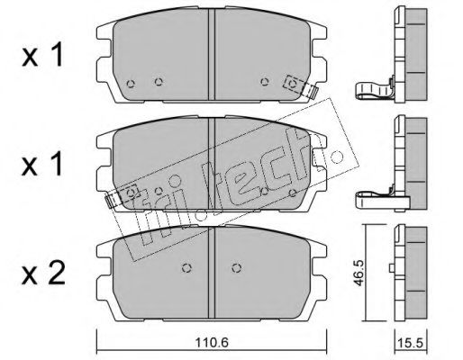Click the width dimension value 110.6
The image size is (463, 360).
(212, 342)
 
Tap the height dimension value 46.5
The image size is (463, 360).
(359, 273)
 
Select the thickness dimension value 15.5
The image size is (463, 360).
(411, 343)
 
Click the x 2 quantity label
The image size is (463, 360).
(43, 273)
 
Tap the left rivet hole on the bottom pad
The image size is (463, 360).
(187, 268)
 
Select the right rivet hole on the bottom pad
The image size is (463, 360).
(237, 268)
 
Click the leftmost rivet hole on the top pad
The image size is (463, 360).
(131, 84)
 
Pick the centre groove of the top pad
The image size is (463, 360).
(212, 54)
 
